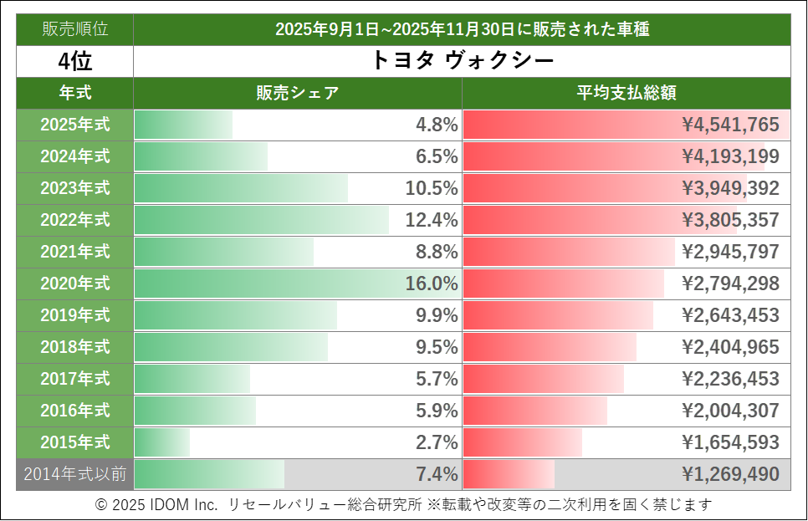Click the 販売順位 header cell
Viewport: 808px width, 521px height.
click(x=74, y=29)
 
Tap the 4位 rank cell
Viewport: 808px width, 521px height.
click(x=74, y=61)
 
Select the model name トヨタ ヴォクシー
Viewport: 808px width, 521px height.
click(x=462, y=61)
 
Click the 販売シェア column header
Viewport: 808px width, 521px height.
click(x=297, y=93)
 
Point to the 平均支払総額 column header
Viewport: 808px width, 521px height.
click(x=626, y=93)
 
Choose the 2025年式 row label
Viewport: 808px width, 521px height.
click(x=74, y=125)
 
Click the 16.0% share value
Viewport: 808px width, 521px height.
click(x=432, y=283)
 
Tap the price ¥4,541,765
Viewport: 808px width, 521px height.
click(x=730, y=125)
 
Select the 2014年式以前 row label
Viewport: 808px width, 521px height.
click(x=74, y=474)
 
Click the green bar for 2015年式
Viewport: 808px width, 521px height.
click(x=162, y=442)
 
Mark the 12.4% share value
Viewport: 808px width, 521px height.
click(x=432, y=221)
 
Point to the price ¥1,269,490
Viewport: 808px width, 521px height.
click(x=730, y=474)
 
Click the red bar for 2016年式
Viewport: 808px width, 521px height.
click(x=535, y=411)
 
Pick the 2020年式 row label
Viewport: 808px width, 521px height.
click(x=74, y=283)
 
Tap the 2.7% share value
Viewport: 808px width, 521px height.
click(x=437, y=442)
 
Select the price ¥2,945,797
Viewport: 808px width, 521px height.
click(x=730, y=252)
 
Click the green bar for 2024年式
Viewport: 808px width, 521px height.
click(x=201, y=156)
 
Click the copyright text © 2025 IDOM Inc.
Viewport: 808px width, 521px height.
click(x=156, y=504)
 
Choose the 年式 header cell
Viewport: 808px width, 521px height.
click(x=74, y=93)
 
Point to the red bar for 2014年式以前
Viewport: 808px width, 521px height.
click(x=509, y=474)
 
